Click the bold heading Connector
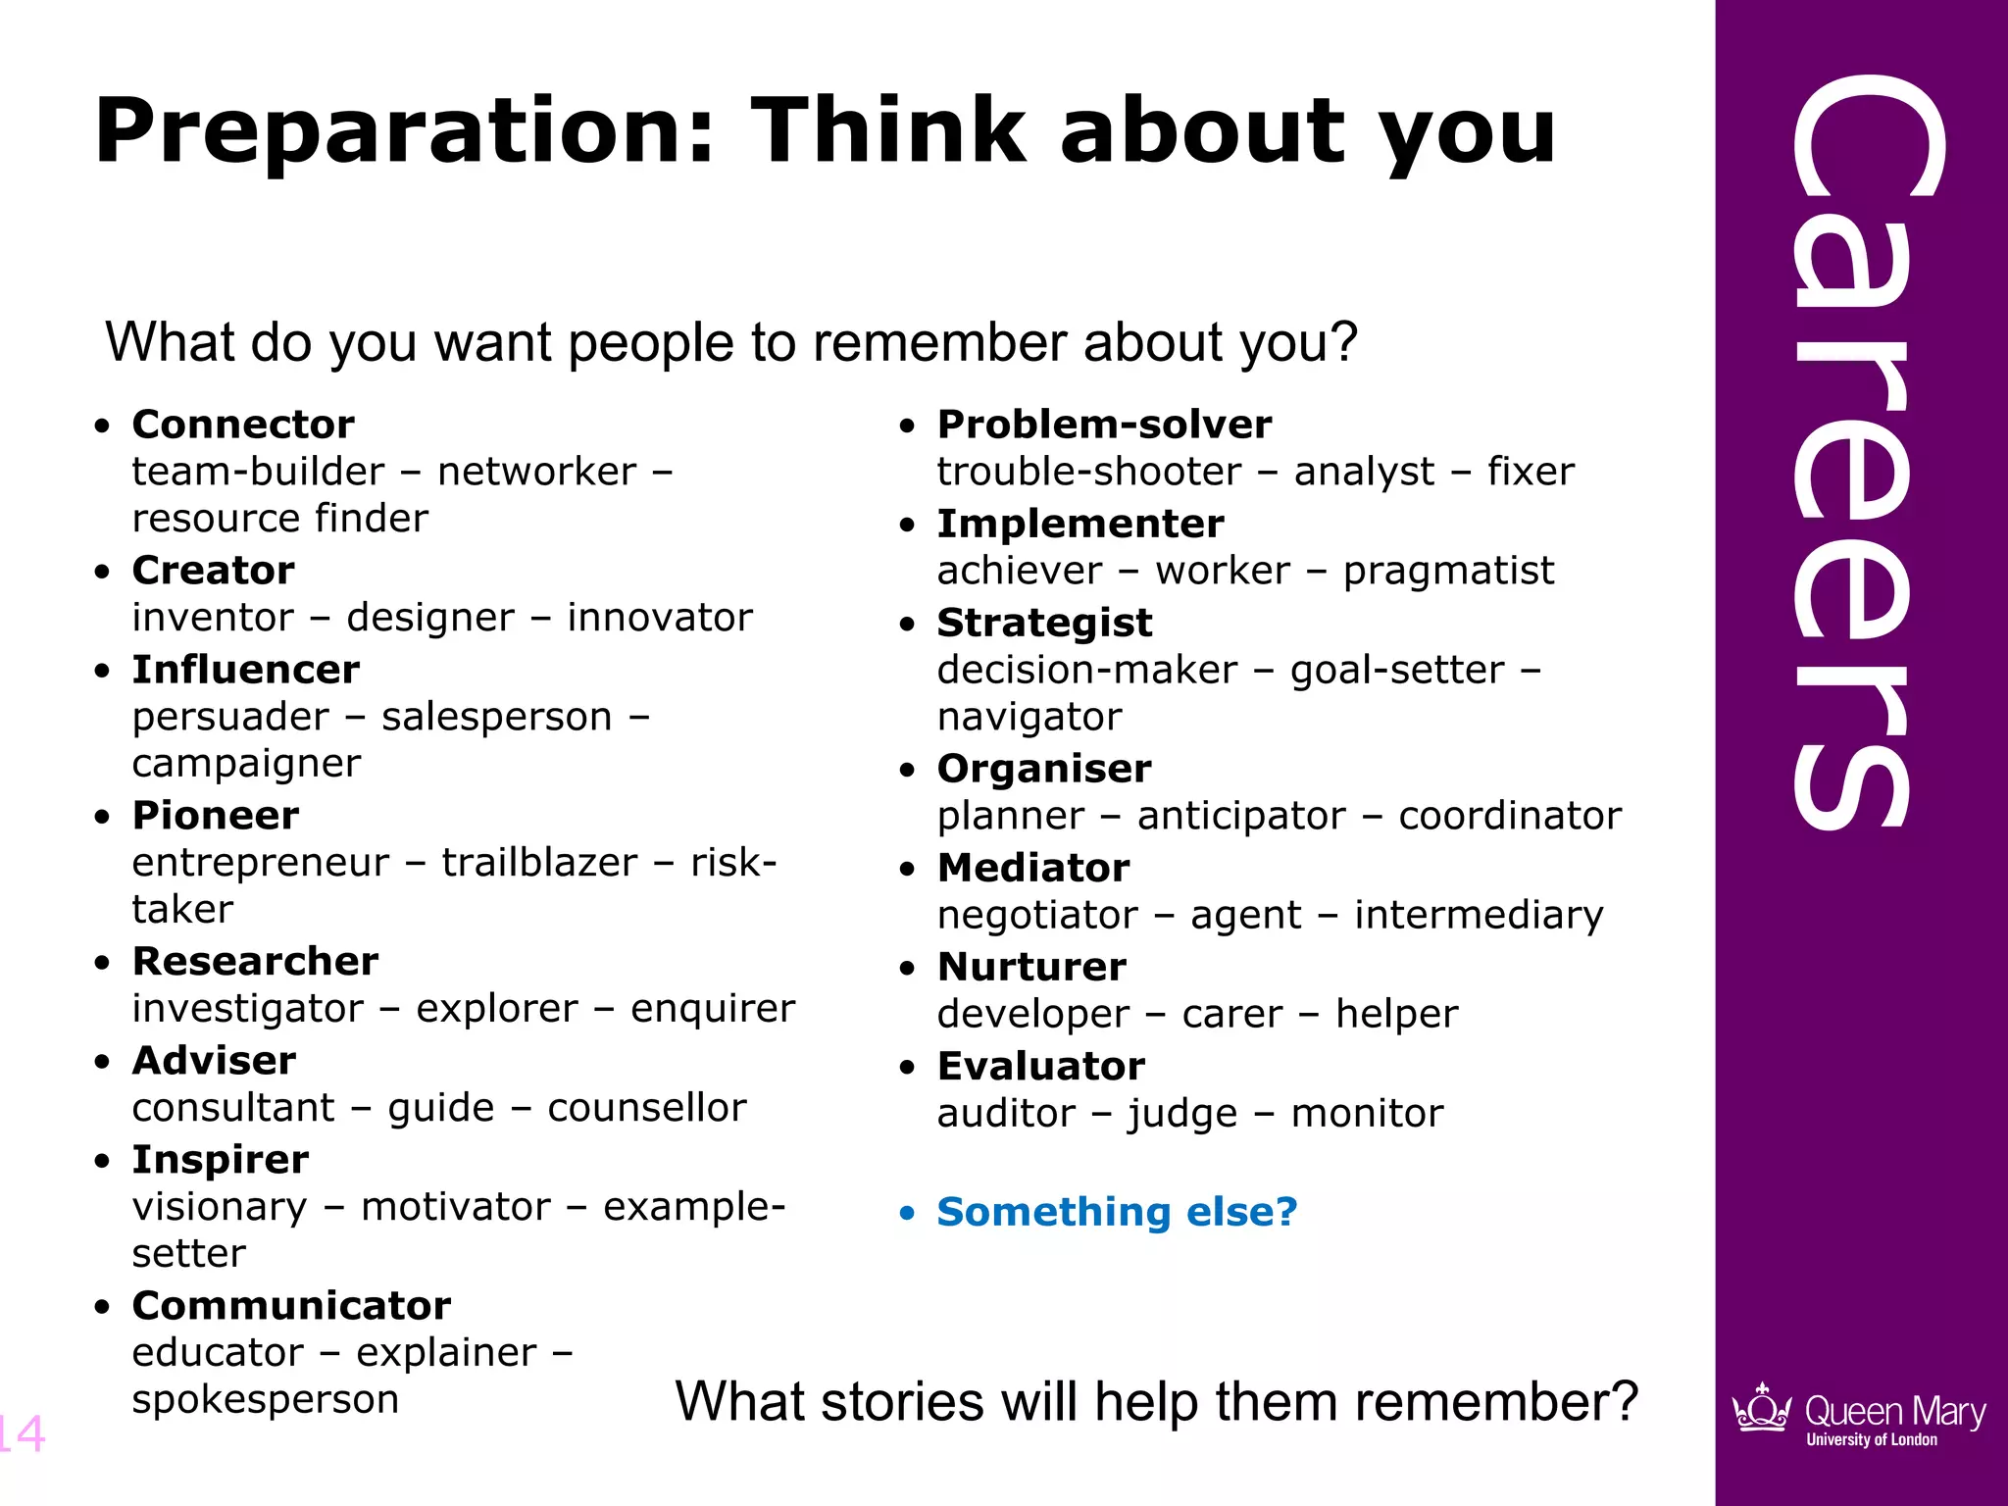click(x=243, y=425)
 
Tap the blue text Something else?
click(x=1117, y=1212)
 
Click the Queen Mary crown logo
click(x=1762, y=1409)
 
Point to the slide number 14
click(x=22, y=1433)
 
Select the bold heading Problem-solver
click(x=1104, y=425)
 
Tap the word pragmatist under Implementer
click(x=1448, y=571)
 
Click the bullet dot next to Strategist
click(x=907, y=625)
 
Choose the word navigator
click(x=1029, y=717)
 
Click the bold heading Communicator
click(x=291, y=1306)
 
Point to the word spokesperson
click(x=265, y=1399)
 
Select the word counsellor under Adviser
click(x=647, y=1108)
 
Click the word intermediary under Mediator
click(x=1479, y=915)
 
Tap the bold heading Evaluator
click(x=1040, y=1066)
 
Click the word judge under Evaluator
click(x=1182, y=1114)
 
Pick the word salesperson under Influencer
click(x=496, y=717)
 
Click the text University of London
click(x=1872, y=1440)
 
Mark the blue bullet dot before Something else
click(x=907, y=1214)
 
